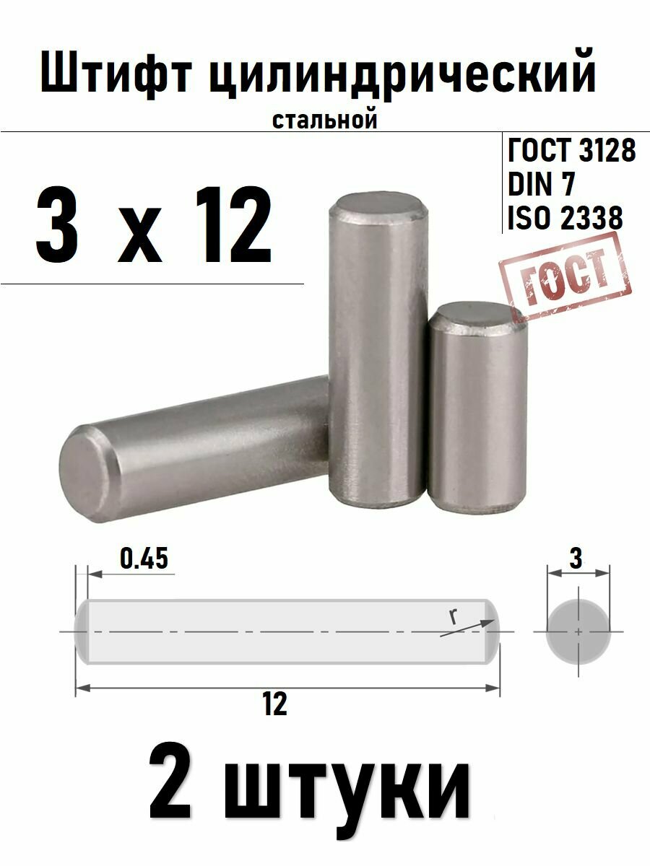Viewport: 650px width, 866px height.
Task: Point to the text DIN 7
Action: point(542,185)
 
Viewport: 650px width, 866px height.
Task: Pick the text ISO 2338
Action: point(565,218)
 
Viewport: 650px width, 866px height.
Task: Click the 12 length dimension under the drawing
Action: point(275,704)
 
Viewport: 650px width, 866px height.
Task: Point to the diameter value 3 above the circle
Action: point(576,558)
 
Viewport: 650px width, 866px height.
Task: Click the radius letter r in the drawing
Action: point(452,618)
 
